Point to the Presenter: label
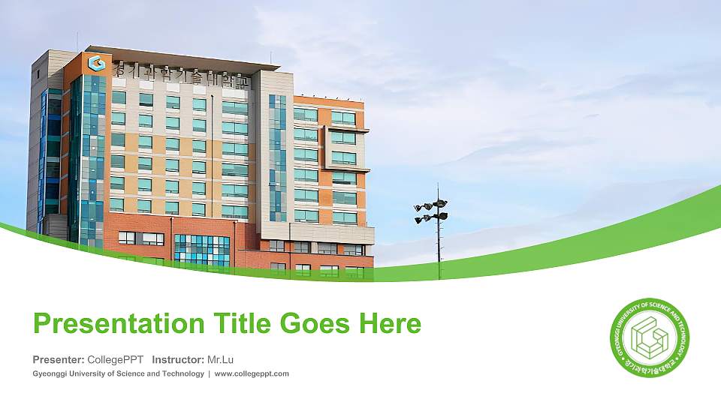pyautogui.click(x=59, y=359)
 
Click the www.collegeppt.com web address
pyautogui.click(x=252, y=373)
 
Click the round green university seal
pyautogui.click(x=649, y=337)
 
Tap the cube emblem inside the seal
pyautogui.click(x=649, y=337)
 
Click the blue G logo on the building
pyautogui.click(x=95, y=63)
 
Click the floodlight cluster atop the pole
pyautogui.click(x=431, y=211)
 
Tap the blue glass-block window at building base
pyautogui.click(x=202, y=249)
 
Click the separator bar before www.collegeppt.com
pyautogui.click(x=210, y=373)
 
